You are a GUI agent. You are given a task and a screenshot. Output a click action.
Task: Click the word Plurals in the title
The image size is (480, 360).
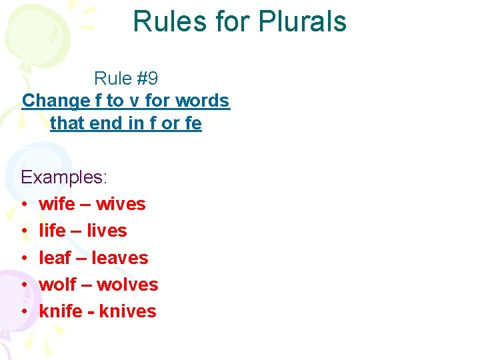click(305, 21)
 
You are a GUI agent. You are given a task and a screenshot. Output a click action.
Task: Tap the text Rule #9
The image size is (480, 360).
click(126, 79)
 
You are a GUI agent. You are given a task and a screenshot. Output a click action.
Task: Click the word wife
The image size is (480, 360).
click(57, 204)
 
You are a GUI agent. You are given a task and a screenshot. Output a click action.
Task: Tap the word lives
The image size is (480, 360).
click(107, 231)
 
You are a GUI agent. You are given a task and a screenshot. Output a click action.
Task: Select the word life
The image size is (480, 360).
click(53, 231)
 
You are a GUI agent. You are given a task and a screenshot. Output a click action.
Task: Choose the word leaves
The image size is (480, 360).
click(119, 258)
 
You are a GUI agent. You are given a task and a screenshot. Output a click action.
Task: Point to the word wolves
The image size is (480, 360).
click(127, 285)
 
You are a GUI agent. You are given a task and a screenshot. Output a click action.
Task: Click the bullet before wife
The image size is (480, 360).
click(24, 205)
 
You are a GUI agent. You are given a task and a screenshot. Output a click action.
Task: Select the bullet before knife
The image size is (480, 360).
click(24, 312)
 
